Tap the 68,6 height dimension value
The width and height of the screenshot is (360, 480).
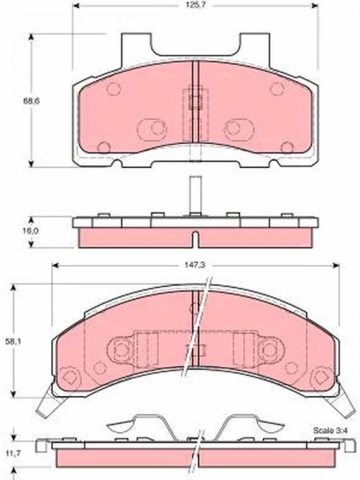click(31, 101)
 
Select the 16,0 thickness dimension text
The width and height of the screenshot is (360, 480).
click(31, 231)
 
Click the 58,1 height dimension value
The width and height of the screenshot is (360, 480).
click(13, 341)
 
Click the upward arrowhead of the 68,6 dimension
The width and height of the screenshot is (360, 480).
click(31, 37)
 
